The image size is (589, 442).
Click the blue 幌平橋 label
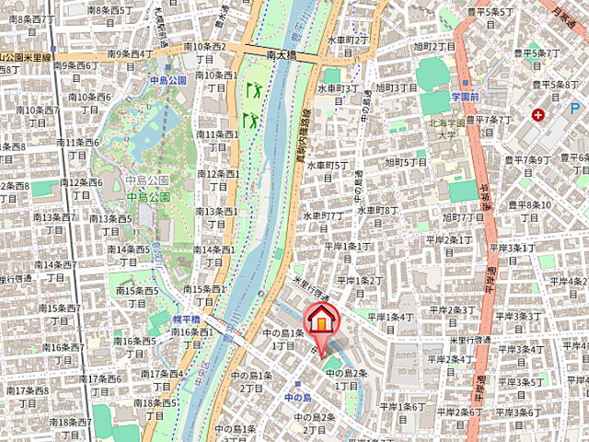186,318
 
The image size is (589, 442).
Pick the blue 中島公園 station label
167,80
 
